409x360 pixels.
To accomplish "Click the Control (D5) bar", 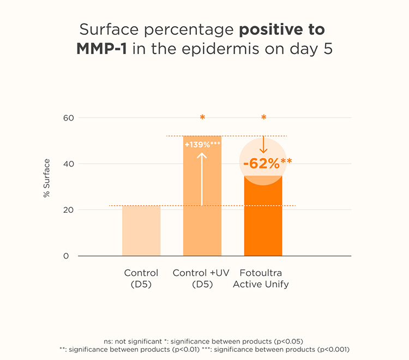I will click(x=141, y=231).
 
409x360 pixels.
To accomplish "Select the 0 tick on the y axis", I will click(x=66, y=256).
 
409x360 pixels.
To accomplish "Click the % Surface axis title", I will click(x=47, y=178).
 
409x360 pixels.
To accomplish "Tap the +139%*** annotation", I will click(x=202, y=145).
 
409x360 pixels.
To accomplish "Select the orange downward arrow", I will click(x=263, y=145).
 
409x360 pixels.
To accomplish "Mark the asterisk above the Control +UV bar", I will click(x=202, y=118).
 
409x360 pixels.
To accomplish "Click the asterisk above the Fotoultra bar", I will click(x=263, y=118).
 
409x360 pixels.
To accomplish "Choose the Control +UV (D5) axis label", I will click(x=202, y=278).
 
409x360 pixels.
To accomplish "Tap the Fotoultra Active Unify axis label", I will click(x=261, y=278).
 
